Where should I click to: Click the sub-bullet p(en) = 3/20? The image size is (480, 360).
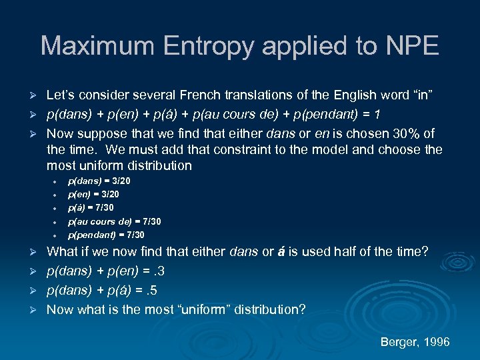coord(94,194)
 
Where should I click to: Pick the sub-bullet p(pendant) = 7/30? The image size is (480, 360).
coord(106,235)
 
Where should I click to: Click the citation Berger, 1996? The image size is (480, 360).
coord(415,342)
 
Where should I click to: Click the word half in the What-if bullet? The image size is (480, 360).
coord(345,252)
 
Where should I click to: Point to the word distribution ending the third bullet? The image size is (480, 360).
coord(158,165)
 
